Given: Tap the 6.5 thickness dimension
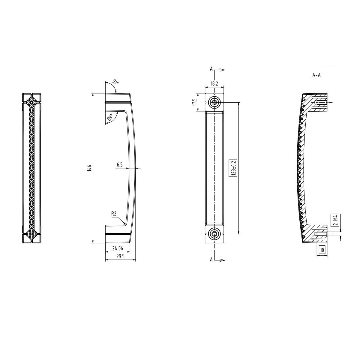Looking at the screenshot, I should click(119, 164).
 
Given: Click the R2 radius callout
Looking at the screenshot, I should click(114, 214).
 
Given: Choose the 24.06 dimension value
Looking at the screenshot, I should click(118, 248).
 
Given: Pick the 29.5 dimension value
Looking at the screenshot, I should click(120, 257).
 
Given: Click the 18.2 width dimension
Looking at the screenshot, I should click(214, 83).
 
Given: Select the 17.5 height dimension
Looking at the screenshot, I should click(194, 102).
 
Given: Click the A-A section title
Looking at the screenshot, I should click(316, 75).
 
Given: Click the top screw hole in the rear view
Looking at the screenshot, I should click(214, 102).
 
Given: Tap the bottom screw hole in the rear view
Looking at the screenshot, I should click(214, 233).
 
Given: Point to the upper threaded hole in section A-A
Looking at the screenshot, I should click(321, 103).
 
